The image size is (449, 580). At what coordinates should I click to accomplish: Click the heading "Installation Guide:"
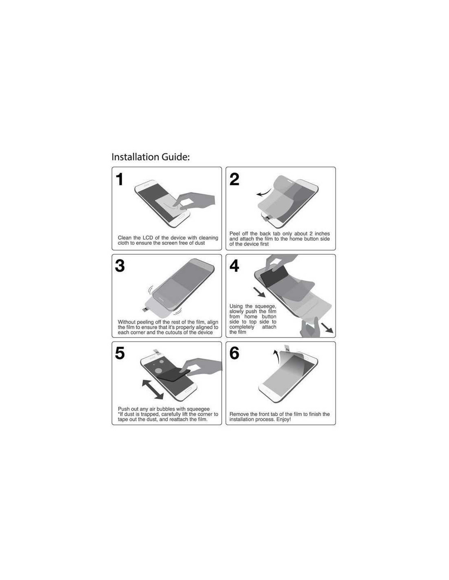pos(150,157)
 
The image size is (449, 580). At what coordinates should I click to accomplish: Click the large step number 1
pos(120,179)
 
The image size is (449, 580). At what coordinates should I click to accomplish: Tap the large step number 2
pos(234,179)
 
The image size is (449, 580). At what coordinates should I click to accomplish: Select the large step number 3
pos(120,266)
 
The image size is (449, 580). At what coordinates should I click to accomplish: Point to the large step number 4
pos(234,266)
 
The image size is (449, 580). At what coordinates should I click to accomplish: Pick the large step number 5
pos(120,353)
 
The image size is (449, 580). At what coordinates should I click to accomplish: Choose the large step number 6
pos(234,353)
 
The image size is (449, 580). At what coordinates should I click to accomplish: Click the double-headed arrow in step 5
pos(153,390)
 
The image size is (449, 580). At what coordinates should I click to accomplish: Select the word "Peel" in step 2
pos(235,234)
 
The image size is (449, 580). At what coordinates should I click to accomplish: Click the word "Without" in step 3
pos(127,322)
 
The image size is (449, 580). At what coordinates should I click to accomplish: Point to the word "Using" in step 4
pos(236,306)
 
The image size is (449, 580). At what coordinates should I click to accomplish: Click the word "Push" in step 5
pos(124,409)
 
